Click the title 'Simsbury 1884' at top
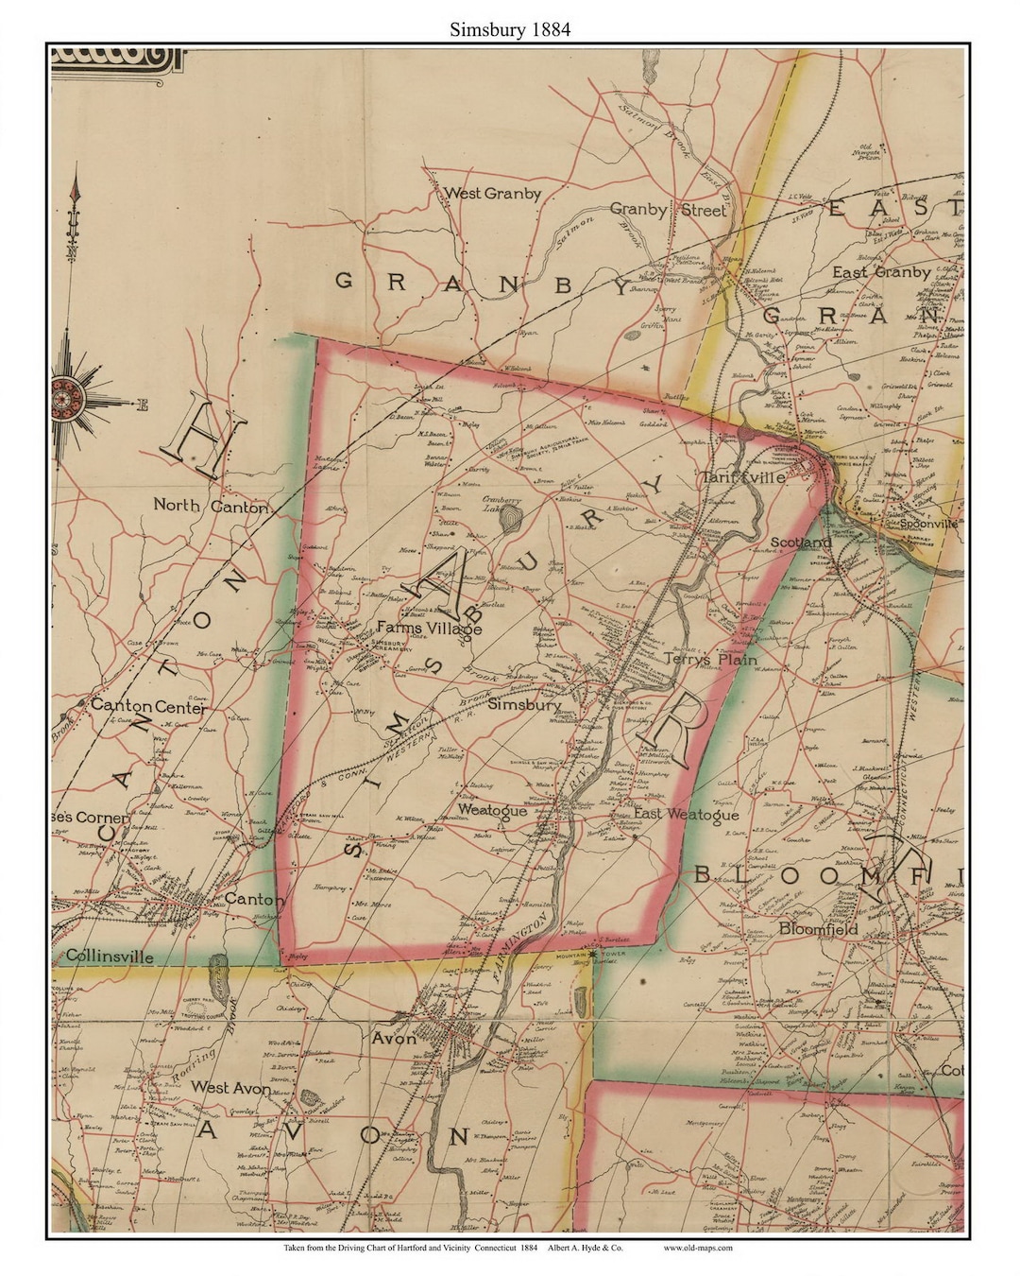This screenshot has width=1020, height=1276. [509, 28]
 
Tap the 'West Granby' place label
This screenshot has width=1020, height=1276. [492, 194]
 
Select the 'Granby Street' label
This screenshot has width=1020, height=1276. [667, 210]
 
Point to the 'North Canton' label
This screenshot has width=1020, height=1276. [212, 506]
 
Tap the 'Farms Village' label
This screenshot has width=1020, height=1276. [429, 629]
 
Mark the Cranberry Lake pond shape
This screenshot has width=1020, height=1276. [511, 517]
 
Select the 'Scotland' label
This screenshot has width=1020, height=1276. [801, 543]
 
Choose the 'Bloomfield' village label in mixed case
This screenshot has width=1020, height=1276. [818, 929]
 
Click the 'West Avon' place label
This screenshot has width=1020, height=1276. [231, 1088]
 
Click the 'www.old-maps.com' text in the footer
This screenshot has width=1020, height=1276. [697, 1248]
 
